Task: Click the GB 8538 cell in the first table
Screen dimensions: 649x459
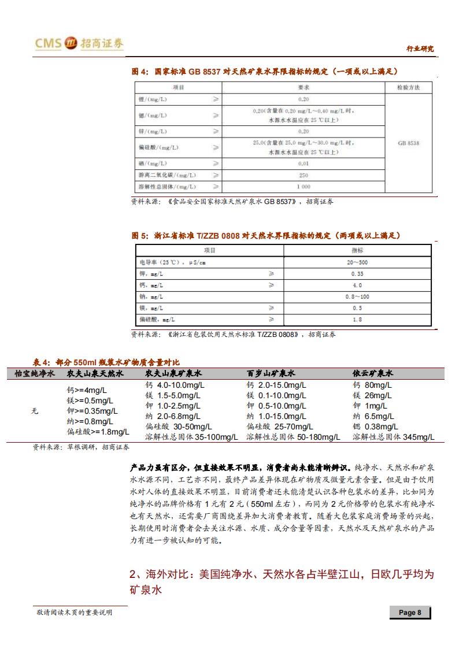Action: (408, 143)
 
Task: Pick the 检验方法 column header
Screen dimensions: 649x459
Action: (408, 87)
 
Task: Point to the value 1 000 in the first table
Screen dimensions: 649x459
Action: (303, 187)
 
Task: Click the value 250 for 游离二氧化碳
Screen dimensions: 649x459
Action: (303, 175)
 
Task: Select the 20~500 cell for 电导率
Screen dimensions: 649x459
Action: (357, 262)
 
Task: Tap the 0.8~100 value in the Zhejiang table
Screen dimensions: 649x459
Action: (357, 296)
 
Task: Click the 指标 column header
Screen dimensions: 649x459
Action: (357, 250)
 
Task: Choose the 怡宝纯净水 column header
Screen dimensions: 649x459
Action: (35, 374)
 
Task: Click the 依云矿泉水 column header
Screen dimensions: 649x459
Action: (373, 374)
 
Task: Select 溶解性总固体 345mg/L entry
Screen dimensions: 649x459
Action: (393, 437)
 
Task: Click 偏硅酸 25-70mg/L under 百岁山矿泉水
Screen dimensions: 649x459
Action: (277, 427)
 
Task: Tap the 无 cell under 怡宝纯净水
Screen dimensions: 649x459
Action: (35, 411)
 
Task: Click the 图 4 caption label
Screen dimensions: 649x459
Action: (140, 71)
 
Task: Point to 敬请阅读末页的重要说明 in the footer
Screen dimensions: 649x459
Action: (73, 612)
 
